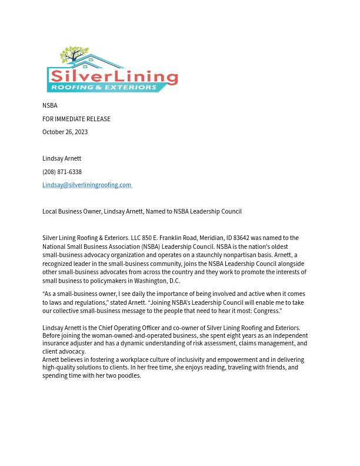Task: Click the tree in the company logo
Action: pos(75,56)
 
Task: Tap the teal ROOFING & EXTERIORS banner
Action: pos(102,87)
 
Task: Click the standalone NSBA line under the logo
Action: pos(50,106)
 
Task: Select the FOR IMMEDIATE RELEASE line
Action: pos(76,119)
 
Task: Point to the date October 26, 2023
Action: pos(65,132)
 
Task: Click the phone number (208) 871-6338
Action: pos(62,172)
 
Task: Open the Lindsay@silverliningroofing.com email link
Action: pos(86,185)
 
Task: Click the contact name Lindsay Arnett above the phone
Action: pos(62,159)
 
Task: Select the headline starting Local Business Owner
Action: pos(142,212)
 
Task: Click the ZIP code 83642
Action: pos(241,238)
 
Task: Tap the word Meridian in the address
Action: pos(211,238)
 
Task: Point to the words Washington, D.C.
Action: pos(157,281)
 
